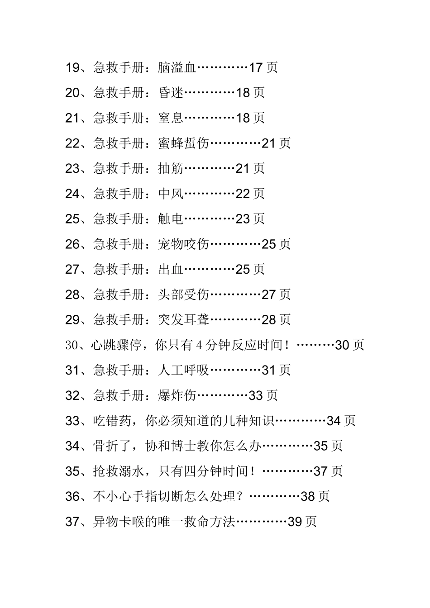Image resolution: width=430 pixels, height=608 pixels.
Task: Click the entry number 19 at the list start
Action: pyautogui.click(x=72, y=68)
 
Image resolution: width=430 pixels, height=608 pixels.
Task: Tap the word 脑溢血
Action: pyautogui.click(x=177, y=68)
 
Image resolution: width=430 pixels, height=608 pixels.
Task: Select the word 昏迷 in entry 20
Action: pyautogui.click(x=171, y=93)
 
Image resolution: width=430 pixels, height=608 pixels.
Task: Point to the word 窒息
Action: pyautogui.click(x=171, y=118)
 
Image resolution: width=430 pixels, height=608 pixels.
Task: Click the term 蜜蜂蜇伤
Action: pyautogui.click(x=183, y=143)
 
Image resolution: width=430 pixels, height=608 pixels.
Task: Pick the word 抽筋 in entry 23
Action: pyautogui.click(x=171, y=169)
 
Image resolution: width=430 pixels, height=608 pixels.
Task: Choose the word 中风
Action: pyautogui.click(x=171, y=194)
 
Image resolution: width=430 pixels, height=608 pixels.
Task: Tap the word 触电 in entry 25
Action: pyautogui.click(x=171, y=219)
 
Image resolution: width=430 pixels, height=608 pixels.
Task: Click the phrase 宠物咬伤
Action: pyautogui.click(x=183, y=244)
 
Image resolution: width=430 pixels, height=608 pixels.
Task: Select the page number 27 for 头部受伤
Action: pyautogui.click(x=269, y=295)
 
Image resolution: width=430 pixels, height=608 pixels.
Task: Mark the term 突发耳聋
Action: pyautogui.click(x=183, y=320)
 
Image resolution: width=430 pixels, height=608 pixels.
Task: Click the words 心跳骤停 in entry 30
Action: pyautogui.click(x=116, y=346)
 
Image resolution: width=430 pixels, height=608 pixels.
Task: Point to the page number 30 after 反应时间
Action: pyautogui.click(x=342, y=346)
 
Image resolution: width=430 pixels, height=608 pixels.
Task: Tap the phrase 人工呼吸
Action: pyautogui.click(x=183, y=370)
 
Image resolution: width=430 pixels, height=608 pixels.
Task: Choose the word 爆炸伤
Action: pyautogui.click(x=177, y=396)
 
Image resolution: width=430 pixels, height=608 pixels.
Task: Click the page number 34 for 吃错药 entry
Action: pyautogui.click(x=334, y=421)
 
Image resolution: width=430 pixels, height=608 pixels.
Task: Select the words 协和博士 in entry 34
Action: pyautogui.click(x=170, y=446)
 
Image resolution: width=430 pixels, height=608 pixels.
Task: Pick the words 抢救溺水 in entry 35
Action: pyautogui.click(x=119, y=472)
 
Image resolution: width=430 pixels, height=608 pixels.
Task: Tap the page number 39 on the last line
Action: pyautogui.click(x=295, y=522)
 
